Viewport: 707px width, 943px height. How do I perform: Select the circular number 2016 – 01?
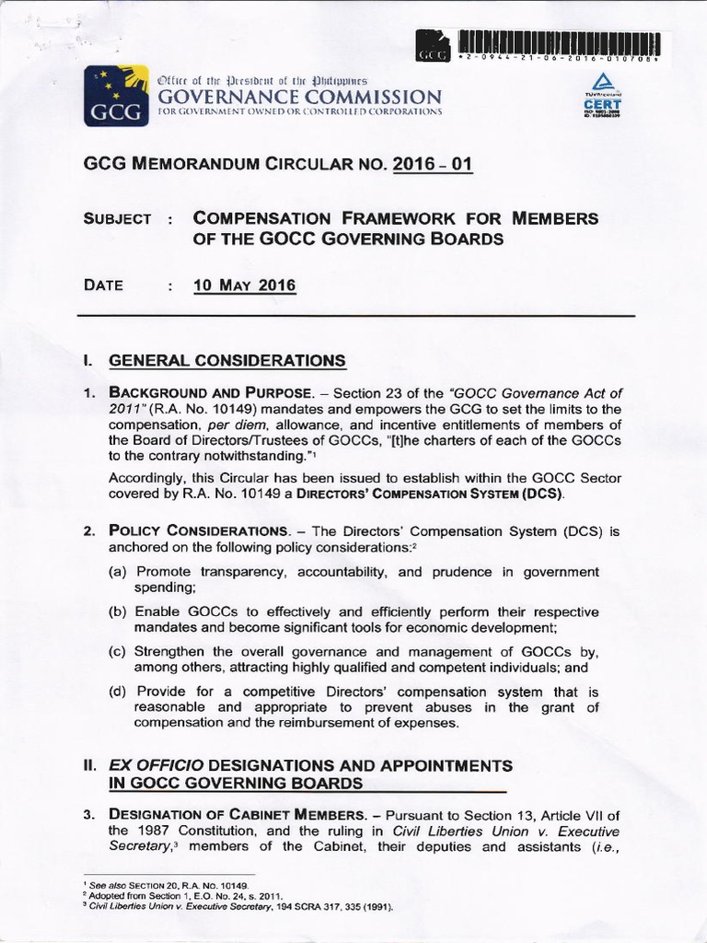click(x=433, y=166)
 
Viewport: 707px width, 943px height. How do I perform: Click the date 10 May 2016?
click(x=245, y=285)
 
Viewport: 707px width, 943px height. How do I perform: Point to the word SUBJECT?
click(x=117, y=219)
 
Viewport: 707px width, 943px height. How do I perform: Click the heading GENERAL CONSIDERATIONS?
click(x=227, y=360)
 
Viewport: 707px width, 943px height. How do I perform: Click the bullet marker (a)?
click(x=118, y=572)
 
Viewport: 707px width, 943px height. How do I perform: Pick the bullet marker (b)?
click(x=118, y=612)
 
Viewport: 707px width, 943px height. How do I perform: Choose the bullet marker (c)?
click(x=118, y=652)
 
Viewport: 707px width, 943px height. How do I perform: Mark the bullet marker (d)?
click(x=118, y=692)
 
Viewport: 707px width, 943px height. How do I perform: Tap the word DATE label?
click(x=103, y=285)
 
